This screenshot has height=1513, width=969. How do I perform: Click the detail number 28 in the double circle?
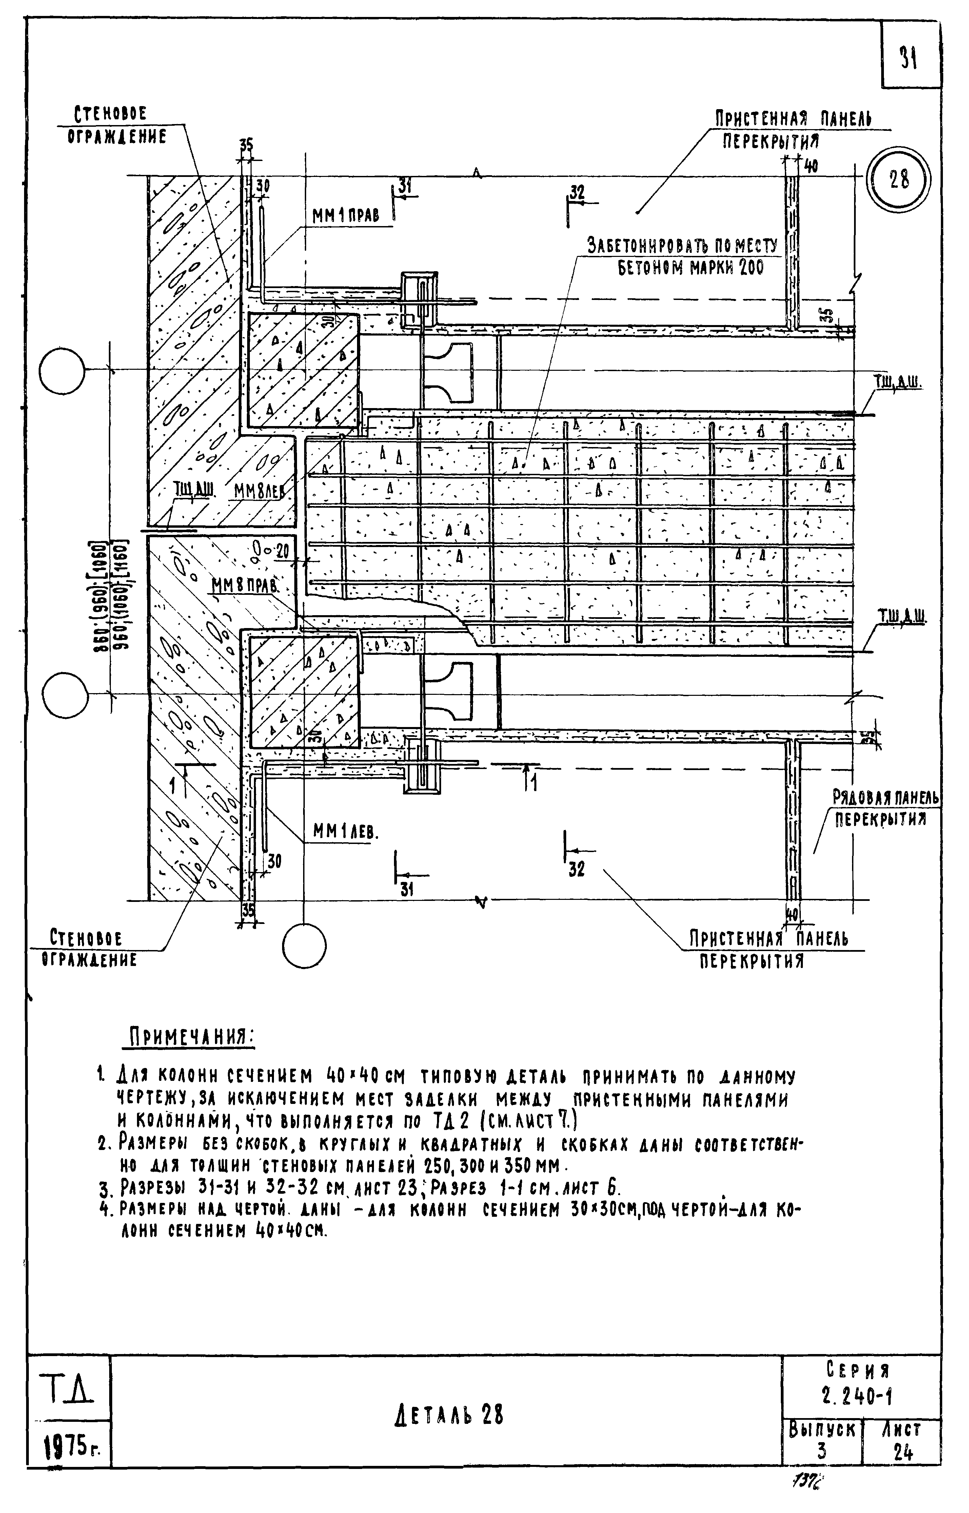point(898,180)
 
